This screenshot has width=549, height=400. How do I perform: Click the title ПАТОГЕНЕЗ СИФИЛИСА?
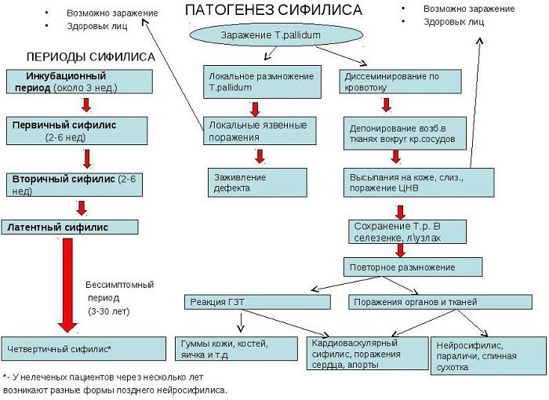273,10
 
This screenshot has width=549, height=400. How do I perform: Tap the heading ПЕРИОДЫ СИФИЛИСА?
90,58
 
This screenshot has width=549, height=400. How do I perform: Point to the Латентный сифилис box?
71,227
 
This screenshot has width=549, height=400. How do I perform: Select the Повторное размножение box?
412,266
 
